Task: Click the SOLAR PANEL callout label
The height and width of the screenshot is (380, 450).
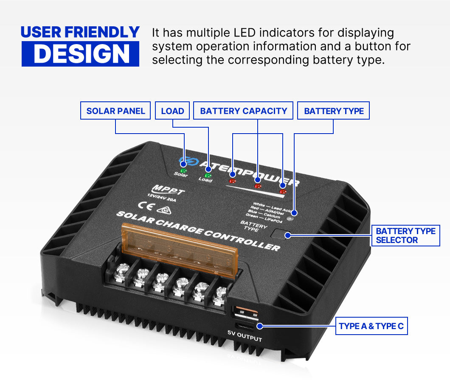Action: (115, 111)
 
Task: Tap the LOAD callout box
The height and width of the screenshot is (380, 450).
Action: (172, 111)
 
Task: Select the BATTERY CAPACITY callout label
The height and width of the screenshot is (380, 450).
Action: (244, 111)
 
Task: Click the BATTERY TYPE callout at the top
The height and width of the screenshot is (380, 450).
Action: (334, 111)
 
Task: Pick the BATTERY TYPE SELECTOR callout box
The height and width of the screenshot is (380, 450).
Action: (405, 235)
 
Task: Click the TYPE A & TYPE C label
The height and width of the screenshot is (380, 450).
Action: (371, 327)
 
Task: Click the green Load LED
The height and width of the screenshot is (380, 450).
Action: (208, 175)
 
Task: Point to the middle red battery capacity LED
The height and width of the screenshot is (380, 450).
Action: (257, 185)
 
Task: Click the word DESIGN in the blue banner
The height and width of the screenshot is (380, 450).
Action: (81, 53)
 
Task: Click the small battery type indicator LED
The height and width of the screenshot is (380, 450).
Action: (290, 219)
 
